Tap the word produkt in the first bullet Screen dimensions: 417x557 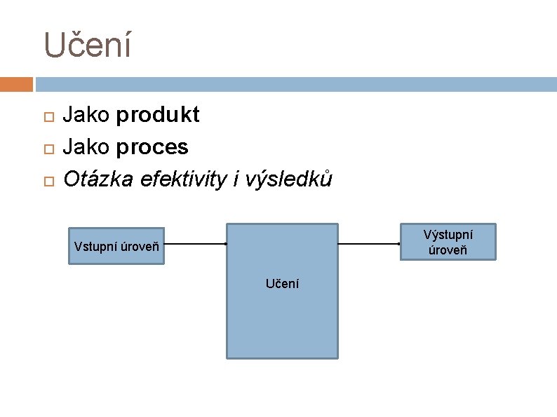point(158,115)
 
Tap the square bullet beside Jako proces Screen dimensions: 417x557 point(47,149)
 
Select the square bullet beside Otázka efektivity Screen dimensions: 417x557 point(47,181)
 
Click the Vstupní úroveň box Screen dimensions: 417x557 point(116,246)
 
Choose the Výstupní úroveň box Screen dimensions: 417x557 point(448,242)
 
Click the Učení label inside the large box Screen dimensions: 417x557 point(282,284)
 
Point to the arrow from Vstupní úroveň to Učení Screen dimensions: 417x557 point(195,244)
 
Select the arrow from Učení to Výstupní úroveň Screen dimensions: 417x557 point(369,244)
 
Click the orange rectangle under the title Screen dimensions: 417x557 point(16,84)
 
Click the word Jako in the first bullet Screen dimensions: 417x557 point(86,115)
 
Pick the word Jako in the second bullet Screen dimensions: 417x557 point(86,147)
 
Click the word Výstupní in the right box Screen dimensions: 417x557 point(448,235)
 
